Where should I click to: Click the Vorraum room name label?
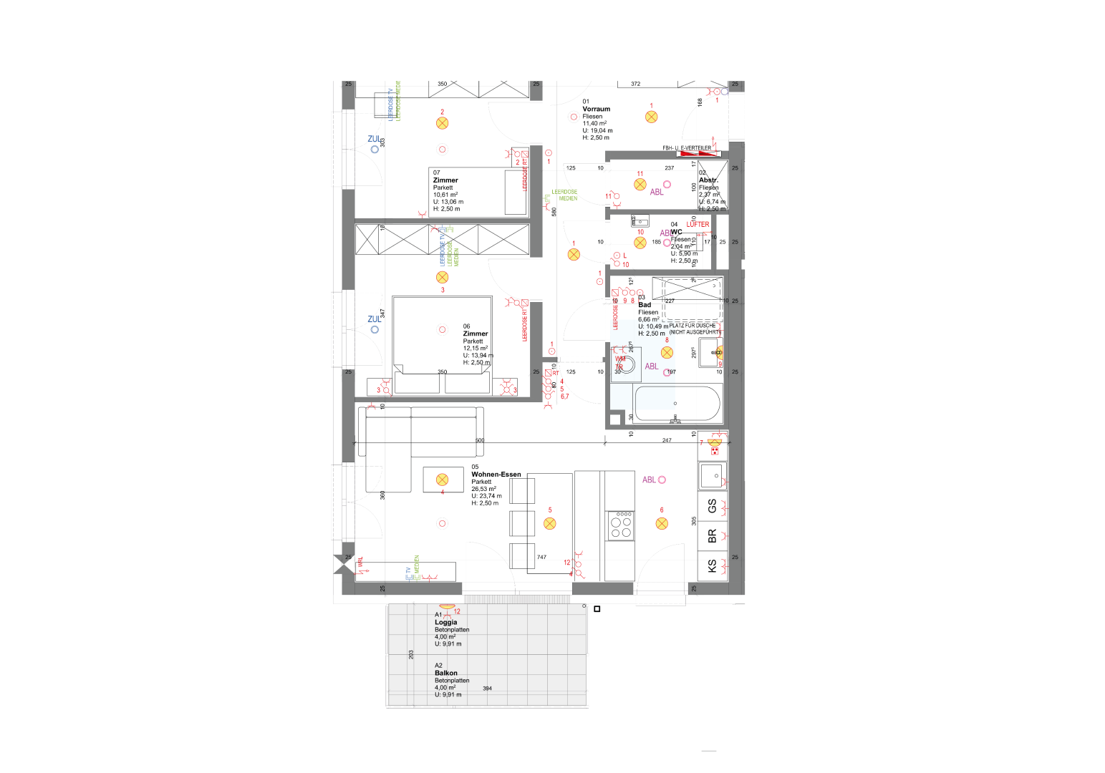596,110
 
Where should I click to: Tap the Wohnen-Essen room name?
496,475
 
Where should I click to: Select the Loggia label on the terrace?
445,623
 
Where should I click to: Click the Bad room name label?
645,305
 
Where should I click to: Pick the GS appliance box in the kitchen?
712,506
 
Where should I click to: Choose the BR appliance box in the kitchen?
712,535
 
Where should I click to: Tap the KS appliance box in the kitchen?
712,565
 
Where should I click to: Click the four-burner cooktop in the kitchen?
620,525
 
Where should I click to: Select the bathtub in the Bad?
677,404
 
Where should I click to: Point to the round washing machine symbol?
627,364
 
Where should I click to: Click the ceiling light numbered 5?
550,523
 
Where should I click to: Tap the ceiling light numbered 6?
662,523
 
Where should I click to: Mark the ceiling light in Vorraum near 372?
651,117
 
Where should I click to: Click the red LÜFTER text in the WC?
698,225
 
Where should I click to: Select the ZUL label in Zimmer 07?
374,140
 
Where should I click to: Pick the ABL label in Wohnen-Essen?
649,480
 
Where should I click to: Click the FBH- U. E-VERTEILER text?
687,148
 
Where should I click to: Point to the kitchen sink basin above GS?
713,474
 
